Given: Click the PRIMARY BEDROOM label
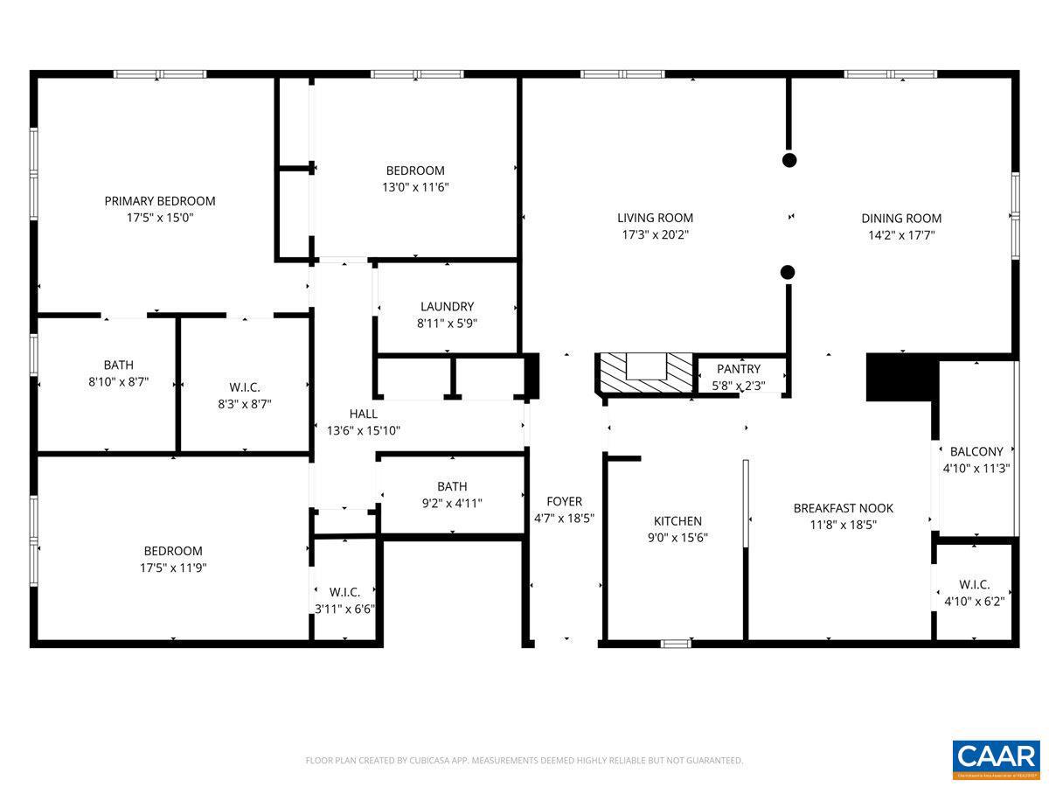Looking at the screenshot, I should (x=160, y=201).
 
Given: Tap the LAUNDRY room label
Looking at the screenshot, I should (x=447, y=307).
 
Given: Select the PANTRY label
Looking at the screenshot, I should (x=739, y=369).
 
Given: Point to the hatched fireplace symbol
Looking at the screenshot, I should (x=645, y=372).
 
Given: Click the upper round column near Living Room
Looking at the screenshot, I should (x=788, y=160).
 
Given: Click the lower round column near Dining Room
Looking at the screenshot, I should (x=788, y=272).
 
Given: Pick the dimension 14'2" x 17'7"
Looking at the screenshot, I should (x=901, y=235).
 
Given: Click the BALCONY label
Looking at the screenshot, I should (x=976, y=452).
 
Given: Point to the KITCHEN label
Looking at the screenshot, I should (x=677, y=521).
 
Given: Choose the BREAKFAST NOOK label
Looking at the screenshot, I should (x=843, y=508).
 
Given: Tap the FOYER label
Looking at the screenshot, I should (x=564, y=502).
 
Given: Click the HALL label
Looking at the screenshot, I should (x=364, y=414).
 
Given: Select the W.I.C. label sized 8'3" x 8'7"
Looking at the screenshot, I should (x=245, y=387).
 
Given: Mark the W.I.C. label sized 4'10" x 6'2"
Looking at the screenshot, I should (x=974, y=584).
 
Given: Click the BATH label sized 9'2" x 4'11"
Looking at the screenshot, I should (x=452, y=486).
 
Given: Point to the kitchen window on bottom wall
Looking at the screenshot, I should (x=675, y=644).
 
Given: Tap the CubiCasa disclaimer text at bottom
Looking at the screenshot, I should (x=524, y=761).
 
